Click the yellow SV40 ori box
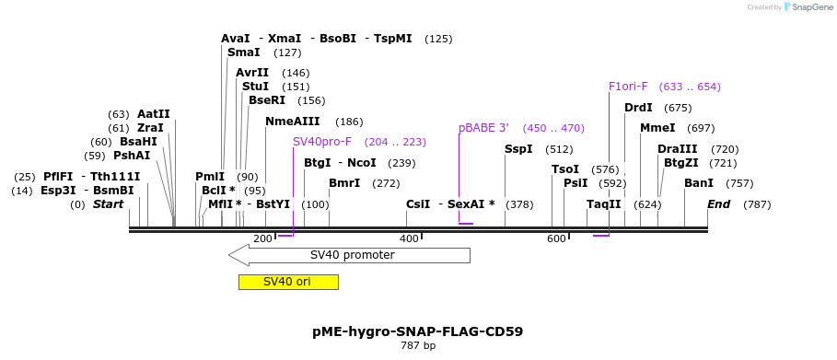[x=288, y=282]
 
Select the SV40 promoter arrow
[x=350, y=255]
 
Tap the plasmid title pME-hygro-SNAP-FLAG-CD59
[x=418, y=331]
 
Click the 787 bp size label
[x=418, y=346]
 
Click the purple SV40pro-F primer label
[x=322, y=142]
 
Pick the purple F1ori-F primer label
[x=628, y=87]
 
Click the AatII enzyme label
[x=154, y=114]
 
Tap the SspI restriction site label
[x=518, y=149]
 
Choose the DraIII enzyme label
[x=678, y=149]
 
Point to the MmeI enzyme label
[x=657, y=128]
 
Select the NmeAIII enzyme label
[x=293, y=122]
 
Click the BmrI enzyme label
[x=344, y=183]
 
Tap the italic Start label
[x=109, y=204]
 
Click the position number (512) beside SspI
[x=559, y=149]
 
